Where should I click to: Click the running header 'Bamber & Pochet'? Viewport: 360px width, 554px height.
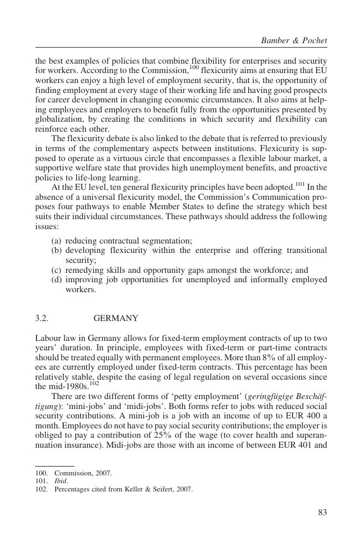[x=294, y=40]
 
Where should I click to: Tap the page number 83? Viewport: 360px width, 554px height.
[x=322, y=512]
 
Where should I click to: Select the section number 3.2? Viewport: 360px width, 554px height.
[x=42, y=318]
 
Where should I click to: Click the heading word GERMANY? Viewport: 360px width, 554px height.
[x=116, y=318]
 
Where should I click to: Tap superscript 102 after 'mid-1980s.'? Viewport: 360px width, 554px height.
[x=94, y=383]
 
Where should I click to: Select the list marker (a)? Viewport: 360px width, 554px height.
[x=56, y=241]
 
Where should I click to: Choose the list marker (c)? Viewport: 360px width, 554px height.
[x=56, y=270]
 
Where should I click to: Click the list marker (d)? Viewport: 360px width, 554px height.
[x=56, y=280]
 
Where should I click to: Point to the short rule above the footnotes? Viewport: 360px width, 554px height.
[x=54, y=466]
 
